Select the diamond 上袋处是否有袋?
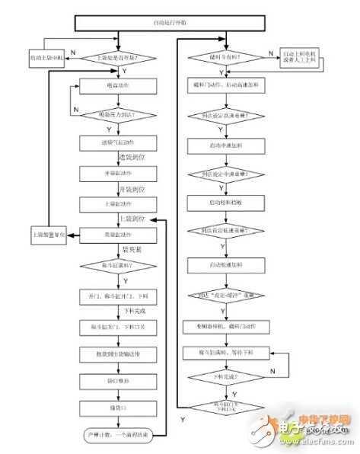click(116, 58)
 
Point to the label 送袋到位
click(132, 157)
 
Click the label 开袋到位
click(132, 188)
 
